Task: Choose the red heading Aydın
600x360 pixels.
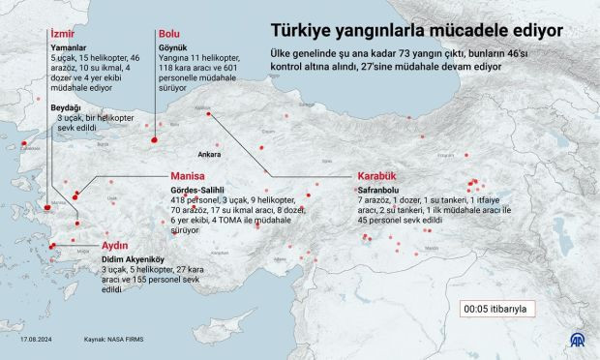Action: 116,246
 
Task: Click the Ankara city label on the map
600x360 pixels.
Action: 209,153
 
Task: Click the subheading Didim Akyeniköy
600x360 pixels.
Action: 135,259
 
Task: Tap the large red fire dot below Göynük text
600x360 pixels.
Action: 154,141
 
